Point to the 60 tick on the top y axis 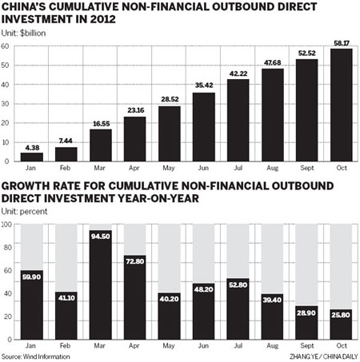tap(6, 47)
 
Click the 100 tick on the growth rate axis tap(7, 225)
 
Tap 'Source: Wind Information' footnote tap(36, 356)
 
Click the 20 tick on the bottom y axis tap(6, 317)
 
